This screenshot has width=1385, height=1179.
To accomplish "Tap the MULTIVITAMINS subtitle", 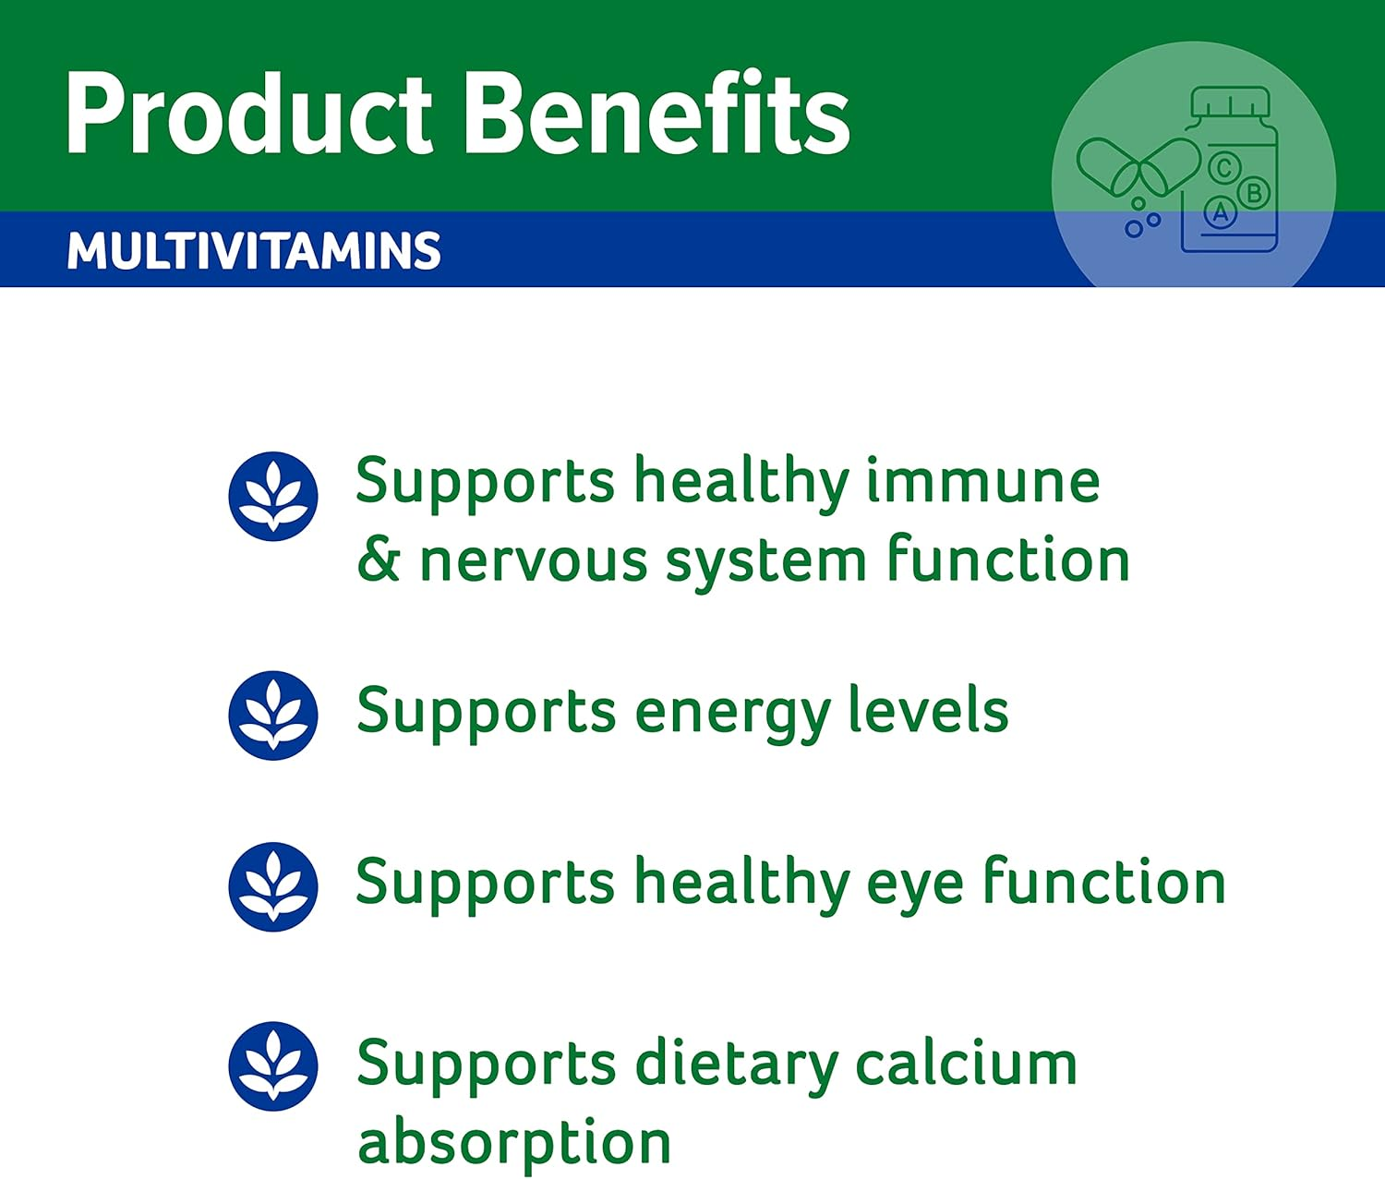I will pyautogui.click(x=254, y=251).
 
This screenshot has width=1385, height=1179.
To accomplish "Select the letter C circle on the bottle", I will pyautogui.click(x=1224, y=169).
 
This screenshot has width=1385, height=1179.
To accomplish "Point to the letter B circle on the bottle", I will pyautogui.click(x=1254, y=194).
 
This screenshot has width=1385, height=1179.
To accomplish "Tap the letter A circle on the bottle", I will pyautogui.click(x=1221, y=214).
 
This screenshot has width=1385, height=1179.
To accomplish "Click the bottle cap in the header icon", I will pyautogui.click(x=1230, y=102).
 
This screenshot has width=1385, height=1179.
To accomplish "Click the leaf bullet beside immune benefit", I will pyautogui.click(x=273, y=496).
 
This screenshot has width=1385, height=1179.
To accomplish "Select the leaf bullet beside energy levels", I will pyautogui.click(x=273, y=715).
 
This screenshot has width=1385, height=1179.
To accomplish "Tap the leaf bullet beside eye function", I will pyautogui.click(x=273, y=886).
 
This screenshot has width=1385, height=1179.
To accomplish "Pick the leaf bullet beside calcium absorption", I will pyautogui.click(x=273, y=1065).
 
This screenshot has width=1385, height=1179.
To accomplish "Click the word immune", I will pyautogui.click(x=982, y=482).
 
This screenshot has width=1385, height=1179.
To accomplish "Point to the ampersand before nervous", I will pyautogui.click(x=378, y=560).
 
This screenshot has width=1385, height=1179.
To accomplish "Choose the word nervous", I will pyautogui.click(x=533, y=561).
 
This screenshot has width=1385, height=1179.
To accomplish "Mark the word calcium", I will pyautogui.click(x=966, y=1064).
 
